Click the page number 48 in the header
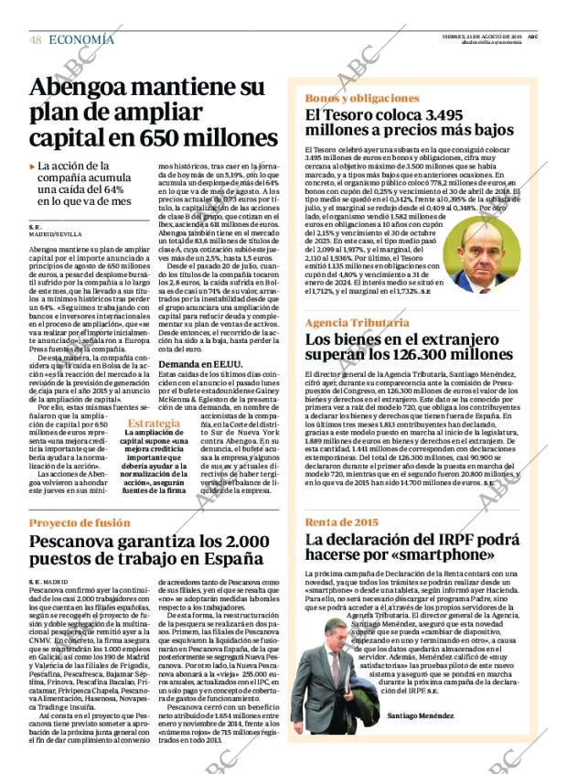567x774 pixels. pyautogui.click(x=36, y=39)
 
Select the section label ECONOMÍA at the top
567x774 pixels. pyautogui.click(x=81, y=39)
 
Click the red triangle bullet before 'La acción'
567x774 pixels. pyautogui.click(x=32, y=167)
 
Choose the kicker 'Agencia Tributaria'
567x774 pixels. pyautogui.click(x=357, y=323)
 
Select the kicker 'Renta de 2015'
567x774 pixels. pyautogui.click(x=341, y=521)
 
